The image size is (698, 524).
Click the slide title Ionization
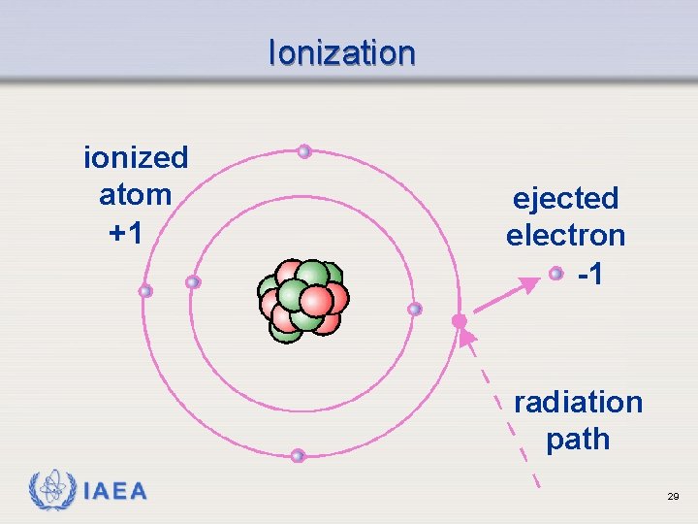tap(341, 52)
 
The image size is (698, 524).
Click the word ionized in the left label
tap(136, 157)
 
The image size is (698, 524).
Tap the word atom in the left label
tap(135, 195)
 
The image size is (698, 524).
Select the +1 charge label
tap(125, 233)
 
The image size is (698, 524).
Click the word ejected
tap(565, 199)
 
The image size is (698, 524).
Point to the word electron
tap(565, 236)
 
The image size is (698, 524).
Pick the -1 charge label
tap(590, 275)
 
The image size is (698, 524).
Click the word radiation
tap(578, 402)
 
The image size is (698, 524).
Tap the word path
tap(578, 440)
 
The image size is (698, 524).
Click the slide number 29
tap(673, 496)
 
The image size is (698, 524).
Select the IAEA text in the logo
tap(115, 492)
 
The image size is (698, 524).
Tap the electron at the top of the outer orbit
tap(304, 151)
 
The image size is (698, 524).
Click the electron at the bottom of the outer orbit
tap(298, 455)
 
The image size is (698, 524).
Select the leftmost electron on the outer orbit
tap(145, 291)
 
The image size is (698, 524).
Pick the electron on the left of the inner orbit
tap(193, 282)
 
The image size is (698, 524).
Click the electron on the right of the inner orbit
tap(415, 310)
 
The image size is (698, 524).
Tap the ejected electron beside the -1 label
tap(555, 274)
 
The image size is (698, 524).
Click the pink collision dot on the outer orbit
tap(460, 320)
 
